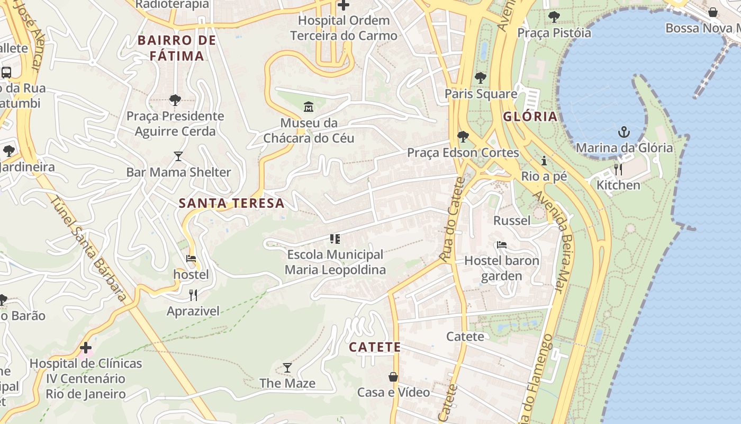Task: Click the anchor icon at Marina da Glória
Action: click(624, 131)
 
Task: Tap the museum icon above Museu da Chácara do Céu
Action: click(309, 107)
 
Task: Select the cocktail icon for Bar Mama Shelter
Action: click(178, 156)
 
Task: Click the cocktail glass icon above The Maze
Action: click(287, 367)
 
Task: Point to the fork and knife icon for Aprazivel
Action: click(193, 295)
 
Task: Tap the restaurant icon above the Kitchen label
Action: click(618, 169)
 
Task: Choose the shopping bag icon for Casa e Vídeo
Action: click(393, 377)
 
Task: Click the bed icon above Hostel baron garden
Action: click(501, 245)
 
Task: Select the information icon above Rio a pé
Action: click(544, 161)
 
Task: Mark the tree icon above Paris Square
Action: click(481, 78)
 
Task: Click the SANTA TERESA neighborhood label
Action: click(231, 203)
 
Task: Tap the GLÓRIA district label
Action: click(530, 117)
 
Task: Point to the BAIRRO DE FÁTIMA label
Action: click(177, 48)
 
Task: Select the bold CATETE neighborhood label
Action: click(375, 347)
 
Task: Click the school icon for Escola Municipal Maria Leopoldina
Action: click(335, 239)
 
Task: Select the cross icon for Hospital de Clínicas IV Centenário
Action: click(86, 348)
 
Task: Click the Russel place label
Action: click(511, 220)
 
